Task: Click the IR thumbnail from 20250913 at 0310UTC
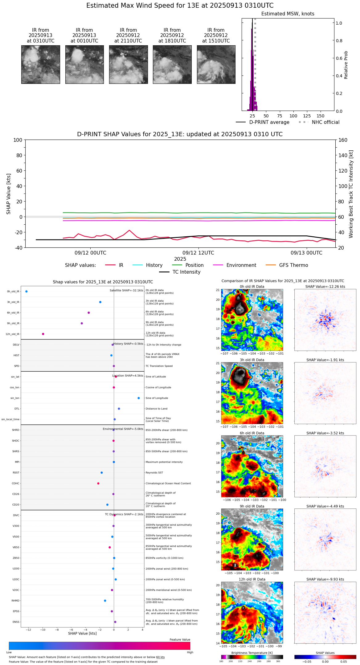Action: pos(40,64)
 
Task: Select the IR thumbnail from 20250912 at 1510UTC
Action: pos(216,64)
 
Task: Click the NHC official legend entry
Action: pos(325,122)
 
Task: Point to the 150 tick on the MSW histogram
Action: pos(321,116)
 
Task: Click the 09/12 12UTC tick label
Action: pos(198,253)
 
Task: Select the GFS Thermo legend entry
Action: pos(293,265)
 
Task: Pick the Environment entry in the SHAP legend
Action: pos(241,265)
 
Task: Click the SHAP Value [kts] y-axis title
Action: pos(9,194)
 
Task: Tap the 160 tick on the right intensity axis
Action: pos(343,140)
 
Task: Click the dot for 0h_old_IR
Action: pos(27,291)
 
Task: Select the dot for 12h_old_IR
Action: pos(43,334)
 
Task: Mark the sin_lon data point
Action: pos(139,398)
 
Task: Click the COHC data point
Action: pos(98,483)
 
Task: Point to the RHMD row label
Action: pos(15,601)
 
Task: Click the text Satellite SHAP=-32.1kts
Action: pos(126,291)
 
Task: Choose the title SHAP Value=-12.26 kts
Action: pos(325,287)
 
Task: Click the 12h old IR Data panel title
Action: pos(252,579)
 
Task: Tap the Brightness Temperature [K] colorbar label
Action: pos(252,653)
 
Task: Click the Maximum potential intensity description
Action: pos(164,462)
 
